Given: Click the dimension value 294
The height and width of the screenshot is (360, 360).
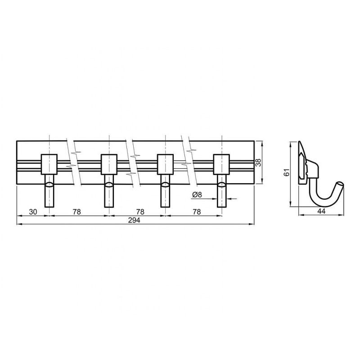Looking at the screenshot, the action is [134, 220].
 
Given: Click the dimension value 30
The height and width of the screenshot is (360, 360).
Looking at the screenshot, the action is [33, 211].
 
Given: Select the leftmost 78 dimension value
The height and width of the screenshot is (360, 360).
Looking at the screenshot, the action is [77, 211].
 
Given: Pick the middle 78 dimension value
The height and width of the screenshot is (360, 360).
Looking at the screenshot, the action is [140, 211].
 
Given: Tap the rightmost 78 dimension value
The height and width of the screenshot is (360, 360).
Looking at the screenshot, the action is [197, 211].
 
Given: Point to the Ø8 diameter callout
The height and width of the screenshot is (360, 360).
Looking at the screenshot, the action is [197, 195].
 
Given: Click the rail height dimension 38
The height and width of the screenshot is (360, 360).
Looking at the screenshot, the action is [258, 162].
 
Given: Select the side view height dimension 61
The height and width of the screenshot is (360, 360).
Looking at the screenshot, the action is [286, 172].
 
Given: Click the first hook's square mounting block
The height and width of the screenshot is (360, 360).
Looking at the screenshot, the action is [49, 164].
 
